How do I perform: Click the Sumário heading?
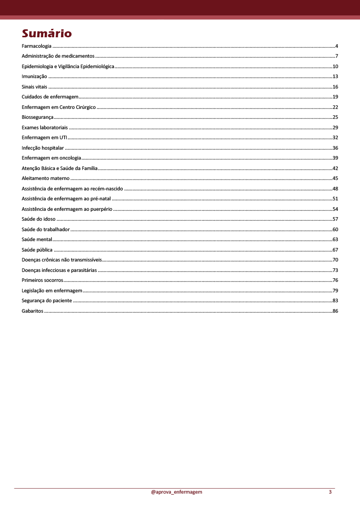pyautogui.click(x=47, y=33)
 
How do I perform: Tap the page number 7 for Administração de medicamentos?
pyautogui.click(x=337, y=56)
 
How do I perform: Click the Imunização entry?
pyautogui.click(x=34, y=77)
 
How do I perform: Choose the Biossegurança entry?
pyautogui.click(x=37, y=117)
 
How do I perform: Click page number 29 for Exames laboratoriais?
pyautogui.click(x=335, y=127)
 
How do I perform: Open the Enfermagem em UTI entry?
pyautogui.click(x=44, y=138)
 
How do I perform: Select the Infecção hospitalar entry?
pyautogui.click(x=43, y=148)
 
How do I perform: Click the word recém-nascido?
pyautogui.click(x=106, y=188)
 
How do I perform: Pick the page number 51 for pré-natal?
pyautogui.click(x=335, y=199)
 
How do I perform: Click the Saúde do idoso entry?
pyautogui.click(x=39, y=219)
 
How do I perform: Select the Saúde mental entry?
pyautogui.click(x=37, y=240)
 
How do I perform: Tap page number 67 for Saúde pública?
pyautogui.click(x=335, y=250)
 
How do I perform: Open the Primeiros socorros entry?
pyautogui.click(x=42, y=280)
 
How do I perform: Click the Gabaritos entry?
pyautogui.click(x=32, y=311)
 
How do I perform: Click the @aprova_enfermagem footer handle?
pyautogui.click(x=177, y=492)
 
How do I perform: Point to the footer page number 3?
pyautogui.click(x=330, y=492)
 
